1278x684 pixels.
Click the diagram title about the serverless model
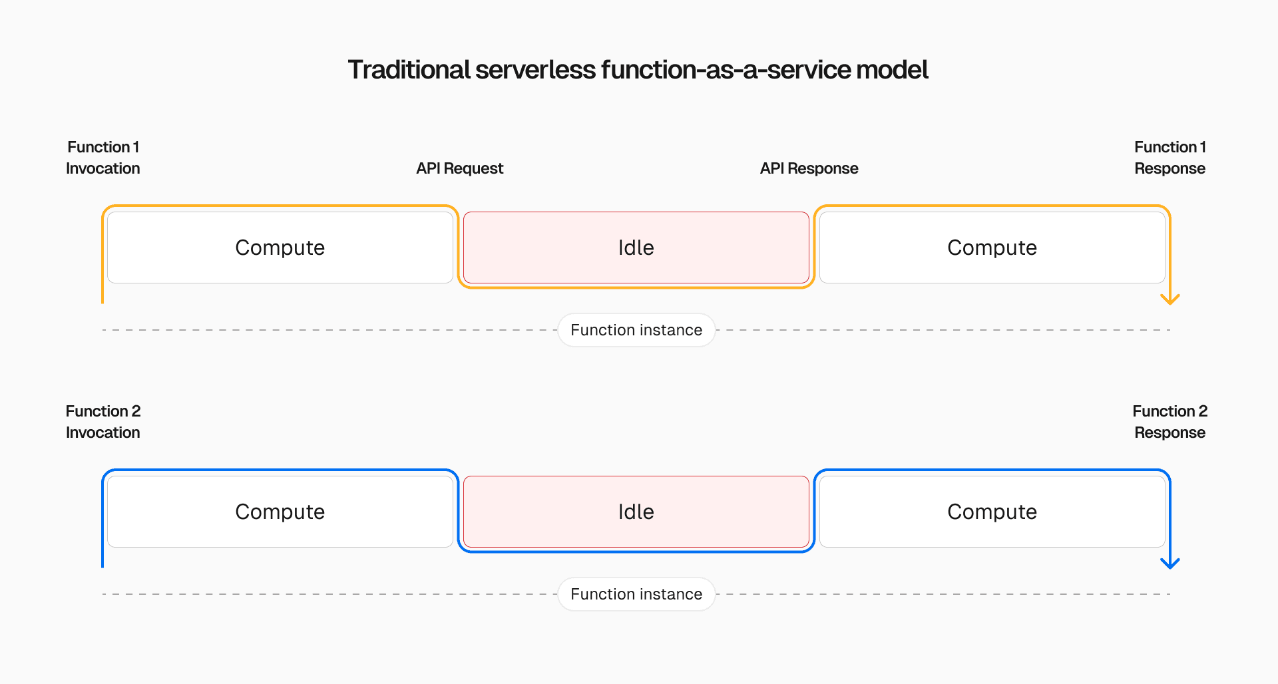pos(638,70)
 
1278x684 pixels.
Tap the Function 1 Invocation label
pos(103,158)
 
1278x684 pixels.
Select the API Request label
pos(459,168)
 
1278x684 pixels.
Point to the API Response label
pos(809,168)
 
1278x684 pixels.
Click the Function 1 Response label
pos(1170,158)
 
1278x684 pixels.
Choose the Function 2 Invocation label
pos(103,422)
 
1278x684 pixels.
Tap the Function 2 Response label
pos(1170,422)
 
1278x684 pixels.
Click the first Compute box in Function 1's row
pos(280,248)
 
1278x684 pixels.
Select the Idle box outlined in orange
pos(636,248)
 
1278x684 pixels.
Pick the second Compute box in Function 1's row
pos(992,248)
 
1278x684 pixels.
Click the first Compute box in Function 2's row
pos(280,512)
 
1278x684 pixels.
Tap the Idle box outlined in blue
pos(636,512)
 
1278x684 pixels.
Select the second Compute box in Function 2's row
pos(992,512)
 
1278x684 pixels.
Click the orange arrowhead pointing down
pos(1170,299)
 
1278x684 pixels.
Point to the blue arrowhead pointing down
pos(1170,564)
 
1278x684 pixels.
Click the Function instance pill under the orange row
pos(636,330)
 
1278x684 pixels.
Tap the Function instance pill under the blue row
pos(636,594)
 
